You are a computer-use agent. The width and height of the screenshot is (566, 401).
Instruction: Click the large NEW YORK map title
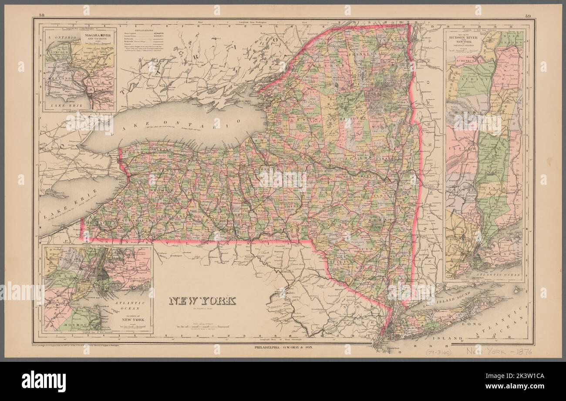coord(202,301)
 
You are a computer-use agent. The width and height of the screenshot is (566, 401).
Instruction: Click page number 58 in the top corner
coord(42,16)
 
